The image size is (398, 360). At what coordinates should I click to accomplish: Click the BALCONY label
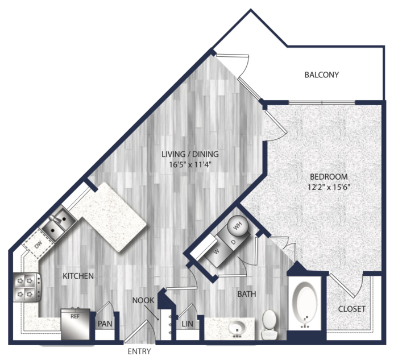(322, 75)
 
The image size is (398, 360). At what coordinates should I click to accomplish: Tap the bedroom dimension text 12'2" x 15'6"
(329, 187)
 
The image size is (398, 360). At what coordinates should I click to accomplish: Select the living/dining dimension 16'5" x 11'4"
(190, 165)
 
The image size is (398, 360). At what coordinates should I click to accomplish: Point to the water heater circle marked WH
(237, 225)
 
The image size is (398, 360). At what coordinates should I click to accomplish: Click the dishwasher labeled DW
(38, 244)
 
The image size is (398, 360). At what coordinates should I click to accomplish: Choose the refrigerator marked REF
(76, 324)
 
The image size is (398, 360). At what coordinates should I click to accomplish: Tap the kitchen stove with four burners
(26, 287)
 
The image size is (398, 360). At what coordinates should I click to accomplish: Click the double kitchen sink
(59, 224)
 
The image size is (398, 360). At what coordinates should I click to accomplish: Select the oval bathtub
(304, 301)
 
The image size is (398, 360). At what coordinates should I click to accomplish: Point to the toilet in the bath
(269, 324)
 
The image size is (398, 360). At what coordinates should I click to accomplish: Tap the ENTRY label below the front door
(139, 351)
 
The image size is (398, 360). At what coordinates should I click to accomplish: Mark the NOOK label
(143, 300)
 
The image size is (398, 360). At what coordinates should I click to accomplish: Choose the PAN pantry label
(105, 324)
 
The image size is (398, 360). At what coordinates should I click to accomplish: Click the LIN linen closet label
(187, 324)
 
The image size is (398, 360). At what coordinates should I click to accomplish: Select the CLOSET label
(352, 309)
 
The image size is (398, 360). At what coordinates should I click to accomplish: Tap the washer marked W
(215, 253)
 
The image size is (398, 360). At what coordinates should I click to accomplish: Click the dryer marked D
(233, 241)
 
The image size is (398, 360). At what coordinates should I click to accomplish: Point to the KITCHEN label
(78, 276)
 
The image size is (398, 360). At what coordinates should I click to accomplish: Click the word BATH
(247, 294)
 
